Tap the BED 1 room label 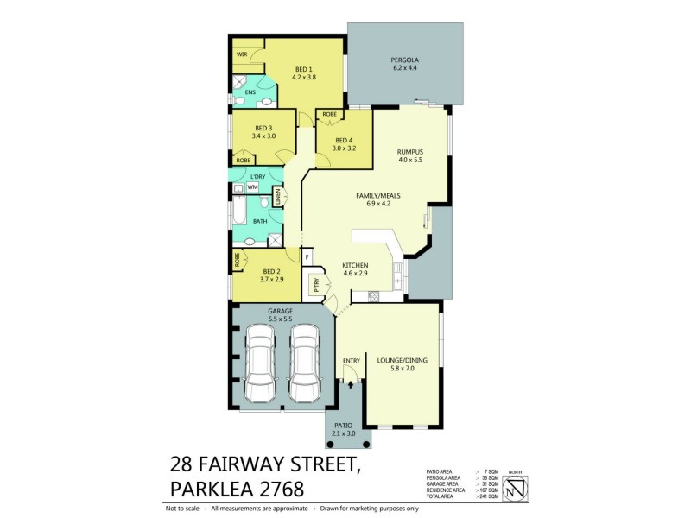click(x=303, y=69)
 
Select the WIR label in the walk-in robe click(x=243, y=55)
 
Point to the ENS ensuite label click(x=250, y=92)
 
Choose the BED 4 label click(x=344, y=141)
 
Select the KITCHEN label click(x=355, y=265)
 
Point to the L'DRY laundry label click(x=245, y=176)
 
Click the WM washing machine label click(x=253, y=187)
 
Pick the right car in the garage click(x=307, y=364)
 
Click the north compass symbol click(x=514, y=487)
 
